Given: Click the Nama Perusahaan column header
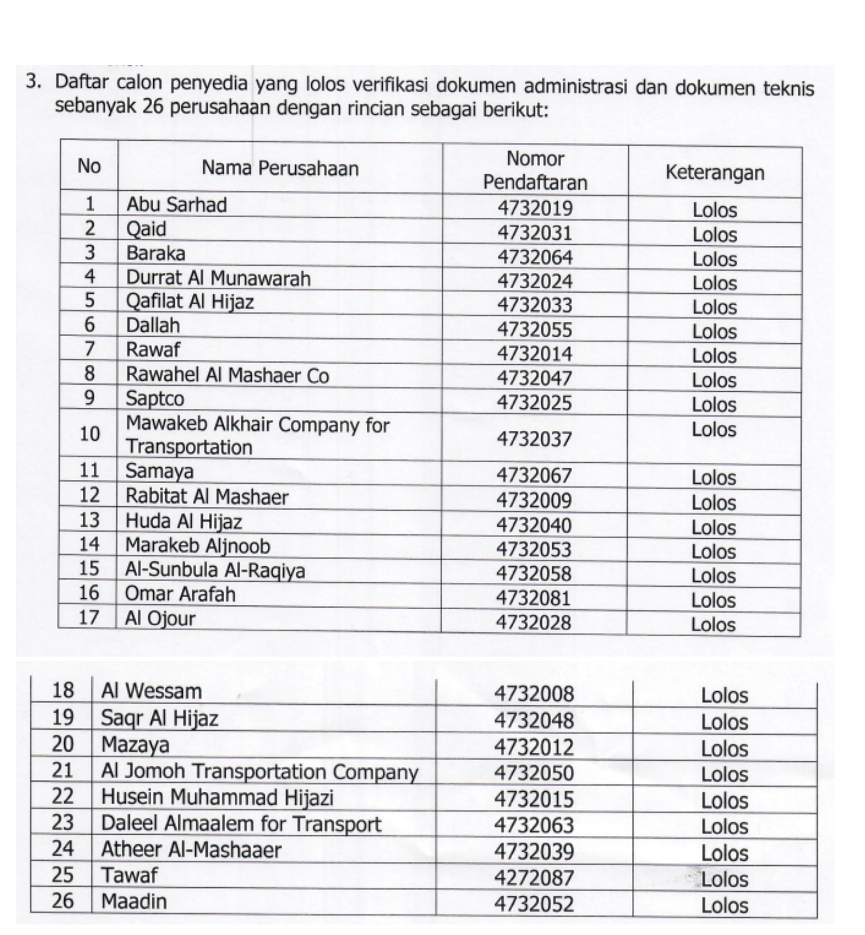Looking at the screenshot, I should coord(280,168).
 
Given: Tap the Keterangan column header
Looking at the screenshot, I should coord(715,172).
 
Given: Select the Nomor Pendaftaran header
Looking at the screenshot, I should coord(535,171).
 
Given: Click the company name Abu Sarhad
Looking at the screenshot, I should coord(176,205).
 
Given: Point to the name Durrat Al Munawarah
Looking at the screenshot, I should coord(218,278).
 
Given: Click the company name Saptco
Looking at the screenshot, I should coord(155,398).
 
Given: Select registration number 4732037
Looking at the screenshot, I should coord(534,439).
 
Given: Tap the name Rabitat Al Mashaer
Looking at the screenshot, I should coord(206,497).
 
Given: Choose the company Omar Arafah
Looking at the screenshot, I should coord(180,594).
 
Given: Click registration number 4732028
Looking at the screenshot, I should coord(533,623).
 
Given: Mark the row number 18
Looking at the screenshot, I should coord(63,690).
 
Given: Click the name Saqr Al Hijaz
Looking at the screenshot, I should coord(160,718).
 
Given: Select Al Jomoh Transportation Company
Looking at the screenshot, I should coord(259,772).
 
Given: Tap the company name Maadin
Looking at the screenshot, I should coord(134,901).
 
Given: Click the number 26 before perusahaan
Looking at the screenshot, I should coord(152,107).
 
